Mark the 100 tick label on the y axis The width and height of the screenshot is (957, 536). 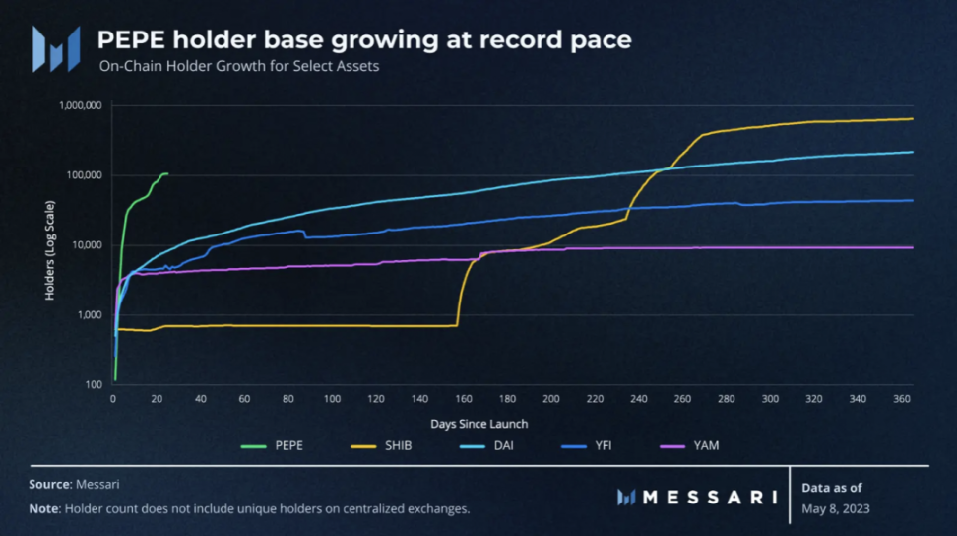pyautogui.click(x=96, y=385)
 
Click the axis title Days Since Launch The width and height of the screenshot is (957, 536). pyautogui.click(x=478, y=424)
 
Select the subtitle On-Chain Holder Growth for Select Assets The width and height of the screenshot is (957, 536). pyautogui.click(x=239, y=67)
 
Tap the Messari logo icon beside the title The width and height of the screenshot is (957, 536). pyautogui.click(x=55, y=48)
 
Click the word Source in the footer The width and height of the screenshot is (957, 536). pyautogui.click(x=48, y=485)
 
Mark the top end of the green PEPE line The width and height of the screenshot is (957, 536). pyautogui.click(x=167, y=173)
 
